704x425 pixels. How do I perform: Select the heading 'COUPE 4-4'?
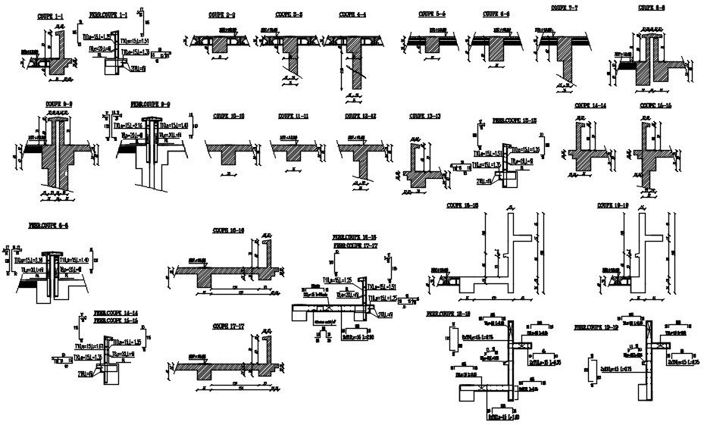click(352, 14)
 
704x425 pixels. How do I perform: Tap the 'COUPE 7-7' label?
click(565, 8)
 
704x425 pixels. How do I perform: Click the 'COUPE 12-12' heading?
click(361, 116)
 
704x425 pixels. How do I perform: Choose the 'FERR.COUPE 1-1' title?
click(108, 14)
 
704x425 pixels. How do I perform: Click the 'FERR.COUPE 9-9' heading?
click(150, 104)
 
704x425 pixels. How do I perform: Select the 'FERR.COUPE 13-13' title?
click(515, 120)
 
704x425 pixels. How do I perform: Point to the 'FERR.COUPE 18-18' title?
click(449, 313)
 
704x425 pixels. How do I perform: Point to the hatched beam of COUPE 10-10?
click(227, 155)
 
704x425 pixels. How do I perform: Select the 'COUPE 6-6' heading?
click(496, 14)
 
